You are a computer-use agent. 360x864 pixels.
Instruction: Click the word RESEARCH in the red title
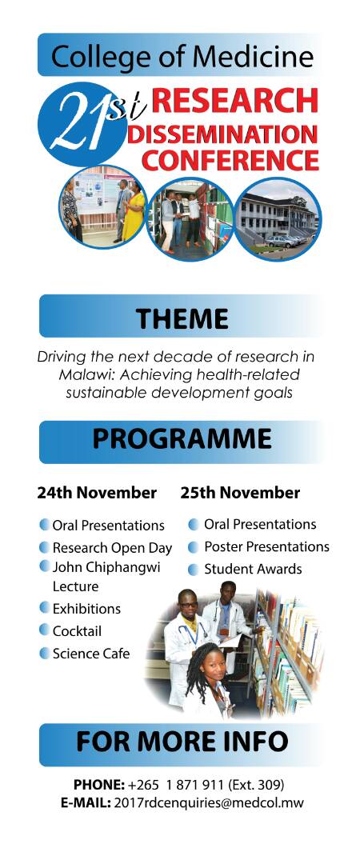[x=235, y=102]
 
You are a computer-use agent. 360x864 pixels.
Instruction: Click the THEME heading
[x=182, y=318]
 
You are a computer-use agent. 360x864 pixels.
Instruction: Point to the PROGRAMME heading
[x=182, y=438]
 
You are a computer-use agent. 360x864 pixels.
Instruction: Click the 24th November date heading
[x=97, y=492]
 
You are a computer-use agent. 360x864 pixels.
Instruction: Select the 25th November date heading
[x=240, y=492]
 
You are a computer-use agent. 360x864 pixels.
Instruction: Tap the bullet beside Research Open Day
[x=45, y=547]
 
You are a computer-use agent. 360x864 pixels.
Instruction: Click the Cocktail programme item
[x=77, y=631]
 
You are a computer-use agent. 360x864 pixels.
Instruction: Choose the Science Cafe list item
[x=91, y=654]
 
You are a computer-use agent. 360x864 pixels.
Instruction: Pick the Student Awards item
[x=253, y=569]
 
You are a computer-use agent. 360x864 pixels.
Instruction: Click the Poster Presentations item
[x=267, y=546]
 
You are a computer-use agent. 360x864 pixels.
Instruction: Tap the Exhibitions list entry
[x=86, y=609]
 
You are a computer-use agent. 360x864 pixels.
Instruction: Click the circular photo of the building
[x=278, y=217]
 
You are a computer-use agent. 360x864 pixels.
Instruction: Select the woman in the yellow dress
[x=133, y=212]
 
